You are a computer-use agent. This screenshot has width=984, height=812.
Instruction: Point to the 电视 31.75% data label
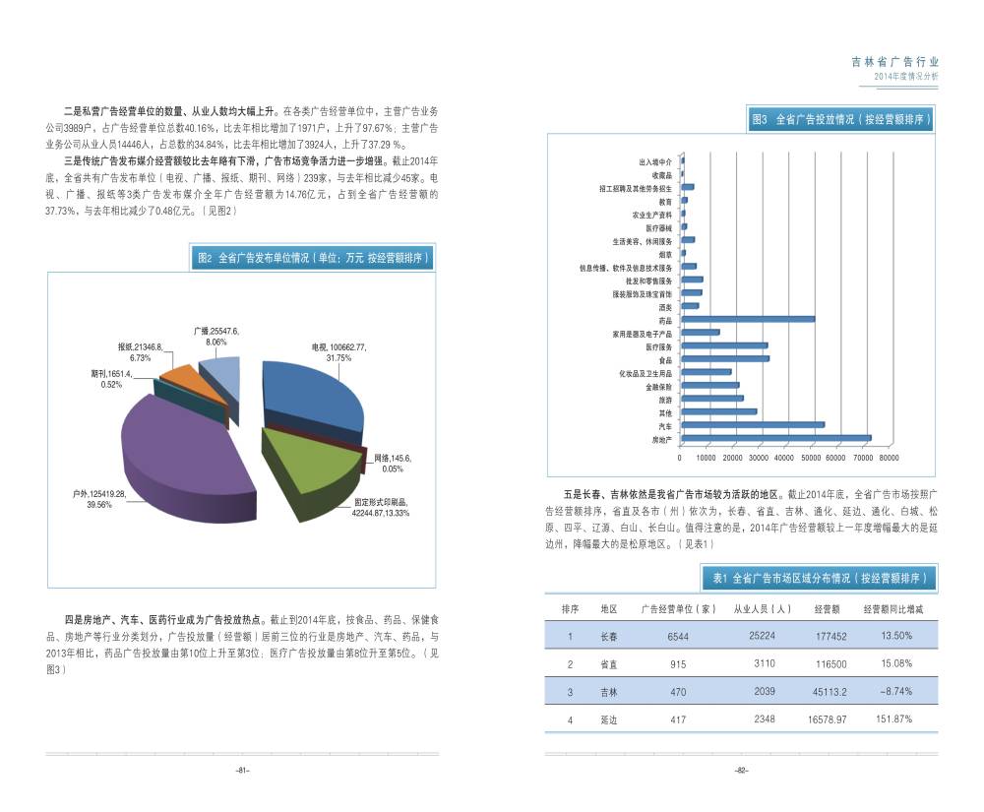pyautogui.click(x=338, y=352)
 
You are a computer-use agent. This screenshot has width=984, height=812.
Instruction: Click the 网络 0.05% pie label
pyautogui.click(x=393, y=464)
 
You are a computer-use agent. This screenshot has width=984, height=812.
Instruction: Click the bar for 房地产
pyautogui.click(x=776, y=438)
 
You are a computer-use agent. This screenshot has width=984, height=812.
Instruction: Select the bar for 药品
pyautogui.click(x=748, y=319)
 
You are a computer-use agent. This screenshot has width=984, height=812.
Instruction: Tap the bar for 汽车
pyautogui.click(x=753, y=425)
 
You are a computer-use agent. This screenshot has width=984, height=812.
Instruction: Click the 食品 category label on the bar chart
pyautogui.click(x=665, y=360)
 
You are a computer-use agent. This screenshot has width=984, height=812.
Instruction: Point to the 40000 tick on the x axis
pyautogui.click(x=784, y=457)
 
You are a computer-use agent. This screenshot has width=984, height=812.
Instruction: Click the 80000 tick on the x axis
pyautogui.click(x=888, y=457)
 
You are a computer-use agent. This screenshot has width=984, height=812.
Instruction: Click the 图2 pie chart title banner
pyautogui.click(x=313, y=258)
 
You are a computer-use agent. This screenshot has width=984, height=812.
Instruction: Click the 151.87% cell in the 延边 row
pyautogui.click(x=894, y=719)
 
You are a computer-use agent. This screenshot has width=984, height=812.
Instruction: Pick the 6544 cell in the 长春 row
pyautogui.click(x=678, y=637)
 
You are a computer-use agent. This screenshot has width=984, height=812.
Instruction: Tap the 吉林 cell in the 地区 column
pyautogui.click(x=609, y=692)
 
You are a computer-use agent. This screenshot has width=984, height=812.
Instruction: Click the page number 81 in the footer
pyautogui.click(x=241, y=771)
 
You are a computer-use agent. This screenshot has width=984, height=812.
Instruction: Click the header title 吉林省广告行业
pyautogui.click(x=894, y=61)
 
